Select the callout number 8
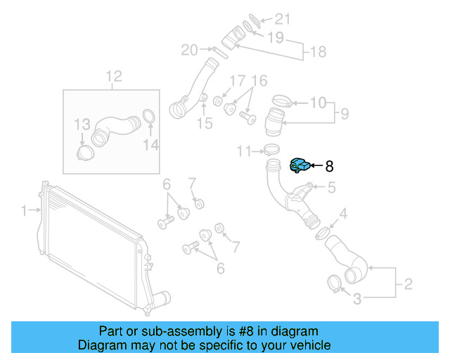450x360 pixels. coord(329,167)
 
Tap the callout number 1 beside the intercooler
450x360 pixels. coord(23,210)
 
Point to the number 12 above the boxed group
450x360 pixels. coord(114,76)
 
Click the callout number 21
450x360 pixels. coord(281,18)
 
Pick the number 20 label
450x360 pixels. coord(189,49)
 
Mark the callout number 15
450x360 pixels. coord(204,124)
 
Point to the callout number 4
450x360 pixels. coord(343,214)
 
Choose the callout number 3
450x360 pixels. coord(356,300)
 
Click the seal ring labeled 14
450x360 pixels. coord(150,116)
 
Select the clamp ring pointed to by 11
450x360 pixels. coord(268,149)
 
